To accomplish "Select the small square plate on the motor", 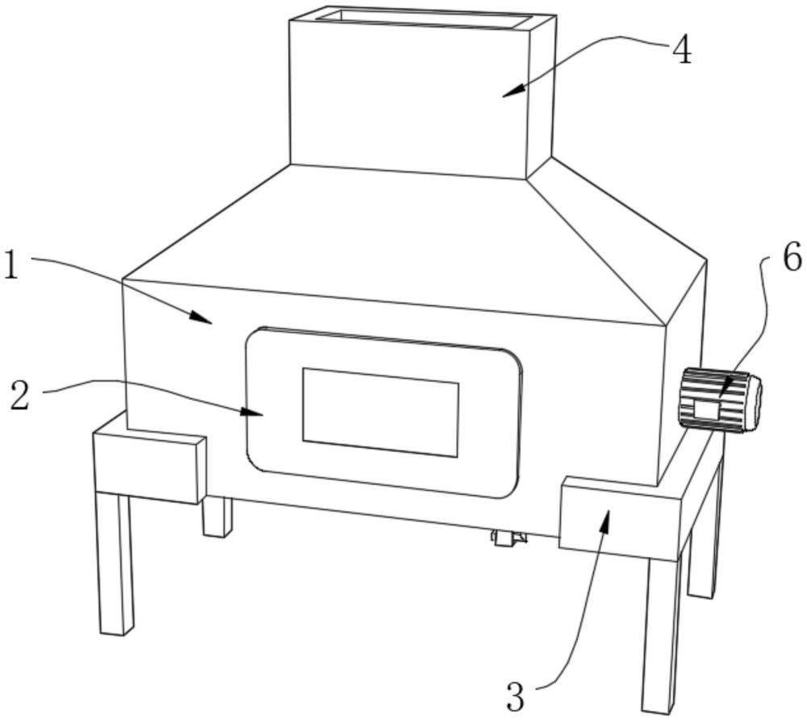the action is coord(707,410).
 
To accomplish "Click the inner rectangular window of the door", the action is coord(380,412).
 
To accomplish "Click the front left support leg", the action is coord(115,564).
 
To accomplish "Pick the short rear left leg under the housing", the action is coord(216,517).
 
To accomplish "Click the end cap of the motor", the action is coord(753,402).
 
